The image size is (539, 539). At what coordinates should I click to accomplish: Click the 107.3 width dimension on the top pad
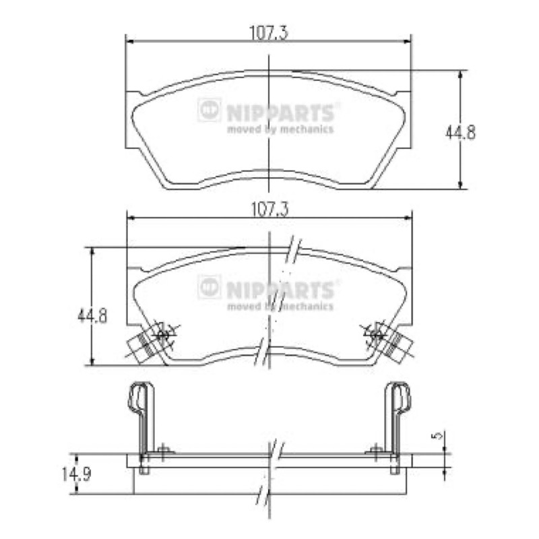268,33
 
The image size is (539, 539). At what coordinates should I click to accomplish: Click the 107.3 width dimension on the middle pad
270,210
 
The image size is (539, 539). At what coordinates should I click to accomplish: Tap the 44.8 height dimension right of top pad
460,132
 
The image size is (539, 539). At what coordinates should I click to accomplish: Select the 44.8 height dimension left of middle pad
92,315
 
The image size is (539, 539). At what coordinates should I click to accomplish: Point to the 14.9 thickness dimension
76,475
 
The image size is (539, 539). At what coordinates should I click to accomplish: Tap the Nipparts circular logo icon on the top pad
209,110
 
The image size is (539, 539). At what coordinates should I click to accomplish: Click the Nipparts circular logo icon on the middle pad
209,287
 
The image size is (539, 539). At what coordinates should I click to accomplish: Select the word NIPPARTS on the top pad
280,113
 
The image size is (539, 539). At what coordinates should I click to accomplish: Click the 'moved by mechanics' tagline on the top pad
280,129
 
